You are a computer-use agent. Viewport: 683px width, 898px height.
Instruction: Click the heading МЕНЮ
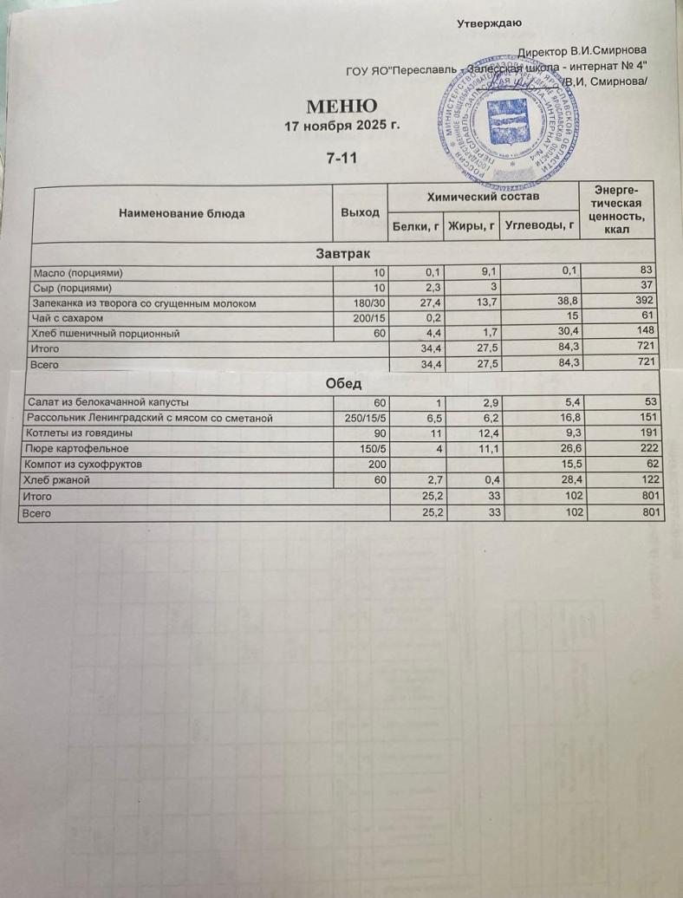click(x=341, y=107)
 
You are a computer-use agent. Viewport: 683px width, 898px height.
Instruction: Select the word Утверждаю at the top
click(x=489, y=23)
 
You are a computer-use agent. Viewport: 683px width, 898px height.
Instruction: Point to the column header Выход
click(x=361, y=212)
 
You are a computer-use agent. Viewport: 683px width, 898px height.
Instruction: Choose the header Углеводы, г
click(x=539, y=227)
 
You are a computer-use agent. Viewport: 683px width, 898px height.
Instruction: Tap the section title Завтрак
click(x=342, y=254)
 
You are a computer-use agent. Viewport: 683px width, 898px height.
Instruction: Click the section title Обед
click(x=344, y=384)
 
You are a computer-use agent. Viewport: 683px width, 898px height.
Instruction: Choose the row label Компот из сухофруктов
click(x=93, y=465)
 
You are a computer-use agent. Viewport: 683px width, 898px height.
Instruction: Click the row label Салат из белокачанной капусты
click(x=109, y=402)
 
